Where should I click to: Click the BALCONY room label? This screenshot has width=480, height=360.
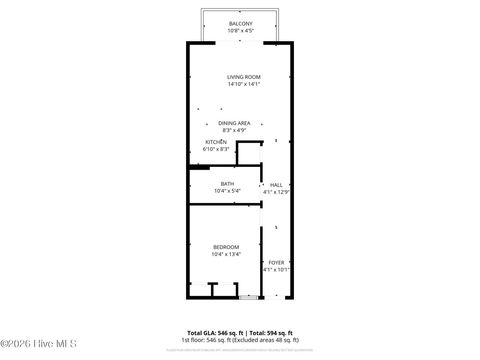click(x=240, y=23)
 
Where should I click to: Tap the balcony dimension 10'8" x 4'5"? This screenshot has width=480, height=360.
click(x=240, y=31)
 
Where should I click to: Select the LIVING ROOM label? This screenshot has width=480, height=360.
click(x=243, y=77)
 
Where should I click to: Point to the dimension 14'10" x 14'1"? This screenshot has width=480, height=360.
click(x=243, y=85)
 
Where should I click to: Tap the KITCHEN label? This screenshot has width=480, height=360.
click(x=216, y=142)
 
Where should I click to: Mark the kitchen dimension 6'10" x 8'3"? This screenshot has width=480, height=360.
click(x=216, y=149)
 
